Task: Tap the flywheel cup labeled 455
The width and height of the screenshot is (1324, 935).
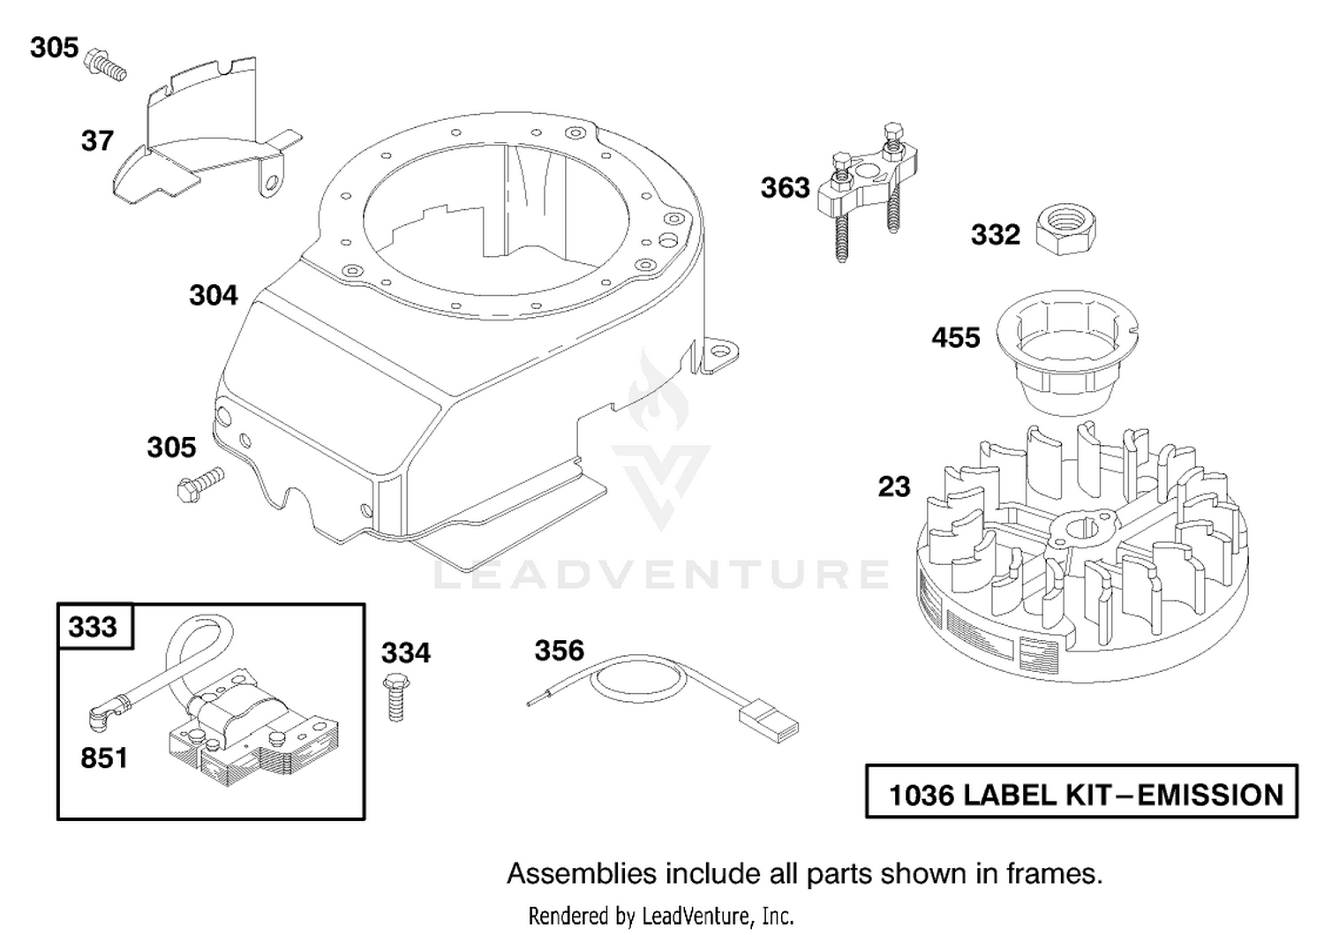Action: (x=1067, y=352)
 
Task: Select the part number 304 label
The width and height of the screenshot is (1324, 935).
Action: (x=214, y=295)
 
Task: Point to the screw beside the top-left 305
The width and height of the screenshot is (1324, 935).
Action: (x=106, y=65)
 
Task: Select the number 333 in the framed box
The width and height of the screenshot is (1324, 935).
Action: (x=93, y=627)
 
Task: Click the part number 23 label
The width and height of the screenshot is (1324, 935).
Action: (x=893, y=487)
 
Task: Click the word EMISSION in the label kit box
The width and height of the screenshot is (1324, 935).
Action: (x=1210, y=796)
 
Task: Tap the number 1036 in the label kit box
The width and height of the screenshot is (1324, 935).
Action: (x=922, y=796)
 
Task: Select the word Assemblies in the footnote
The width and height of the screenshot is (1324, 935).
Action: (x=582, y=873)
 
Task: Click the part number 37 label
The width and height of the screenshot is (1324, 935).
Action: (x=97, y=141)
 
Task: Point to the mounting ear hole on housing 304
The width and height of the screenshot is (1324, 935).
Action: (x=718, y=352)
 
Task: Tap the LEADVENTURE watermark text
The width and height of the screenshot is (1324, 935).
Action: (x=661, y=574)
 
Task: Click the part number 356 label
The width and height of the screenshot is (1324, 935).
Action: (x=559, y=651)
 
